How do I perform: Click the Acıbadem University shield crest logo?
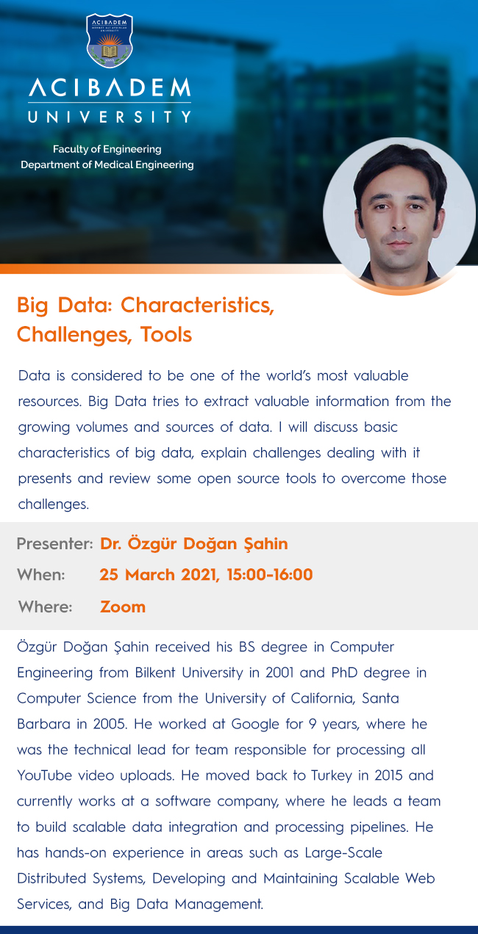110,40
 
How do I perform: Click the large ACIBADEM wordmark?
110,87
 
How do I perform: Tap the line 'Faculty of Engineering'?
107,149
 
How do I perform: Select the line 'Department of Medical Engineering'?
107,164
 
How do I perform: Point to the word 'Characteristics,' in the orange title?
198,305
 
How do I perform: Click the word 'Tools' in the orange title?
166,334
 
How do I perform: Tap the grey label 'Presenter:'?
54,543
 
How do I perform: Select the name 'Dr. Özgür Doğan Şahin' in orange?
194,543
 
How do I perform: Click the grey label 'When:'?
41,575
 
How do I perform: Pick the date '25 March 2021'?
160,575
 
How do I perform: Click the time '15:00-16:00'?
270,575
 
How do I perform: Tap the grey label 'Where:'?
45,607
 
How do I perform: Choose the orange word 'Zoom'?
123,607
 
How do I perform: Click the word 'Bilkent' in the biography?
155,673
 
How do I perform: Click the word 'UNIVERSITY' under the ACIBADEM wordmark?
110,117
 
